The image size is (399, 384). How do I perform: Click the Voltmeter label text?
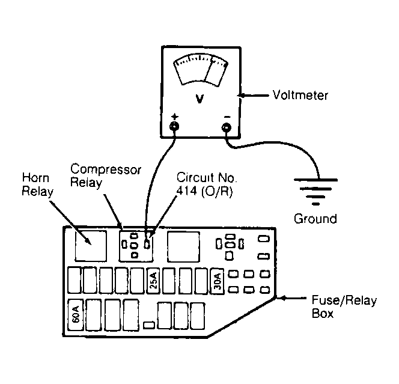[300, 96]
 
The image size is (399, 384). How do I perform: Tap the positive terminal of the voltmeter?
[174, 126]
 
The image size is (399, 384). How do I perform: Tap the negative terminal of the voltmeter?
[226, 127]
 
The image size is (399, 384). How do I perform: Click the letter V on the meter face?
[199, 99]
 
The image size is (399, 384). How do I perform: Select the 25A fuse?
[153, 281]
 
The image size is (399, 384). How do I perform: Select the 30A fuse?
[218, 281]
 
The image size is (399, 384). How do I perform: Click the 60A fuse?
[76, 315]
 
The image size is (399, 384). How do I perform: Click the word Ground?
[315, 219]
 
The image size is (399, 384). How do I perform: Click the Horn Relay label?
[37, 184]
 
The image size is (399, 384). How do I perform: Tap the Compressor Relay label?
[105, 176]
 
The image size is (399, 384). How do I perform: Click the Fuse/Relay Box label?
[344, 307]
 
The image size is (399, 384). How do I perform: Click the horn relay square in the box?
[91, 246]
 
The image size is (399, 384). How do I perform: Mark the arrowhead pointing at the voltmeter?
[241, 96]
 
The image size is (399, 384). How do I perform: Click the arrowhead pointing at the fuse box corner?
[281, 297]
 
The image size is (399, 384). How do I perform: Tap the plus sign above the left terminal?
[174, 117]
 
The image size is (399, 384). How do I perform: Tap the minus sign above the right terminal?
[227, 117]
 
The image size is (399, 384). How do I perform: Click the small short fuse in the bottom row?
[149, 325]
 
